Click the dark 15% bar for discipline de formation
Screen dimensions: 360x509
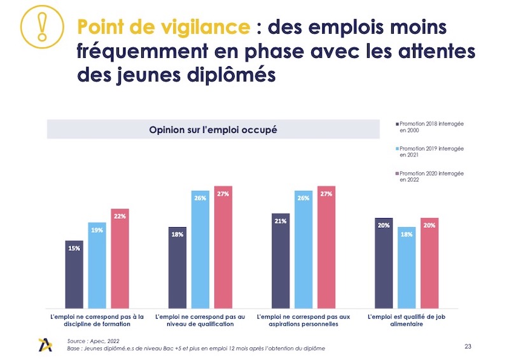74,273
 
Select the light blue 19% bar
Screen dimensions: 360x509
97,265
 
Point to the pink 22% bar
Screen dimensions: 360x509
120,258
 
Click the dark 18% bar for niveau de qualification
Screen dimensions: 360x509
178,267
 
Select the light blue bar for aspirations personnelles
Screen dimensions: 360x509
303,249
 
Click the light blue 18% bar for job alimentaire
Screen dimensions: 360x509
407,267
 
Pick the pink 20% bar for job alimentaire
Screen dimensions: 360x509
429,262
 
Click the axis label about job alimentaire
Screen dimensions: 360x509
407,319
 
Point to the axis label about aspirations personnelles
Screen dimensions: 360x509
303,319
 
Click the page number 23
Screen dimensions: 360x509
469,346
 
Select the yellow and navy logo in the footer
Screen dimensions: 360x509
47,344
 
